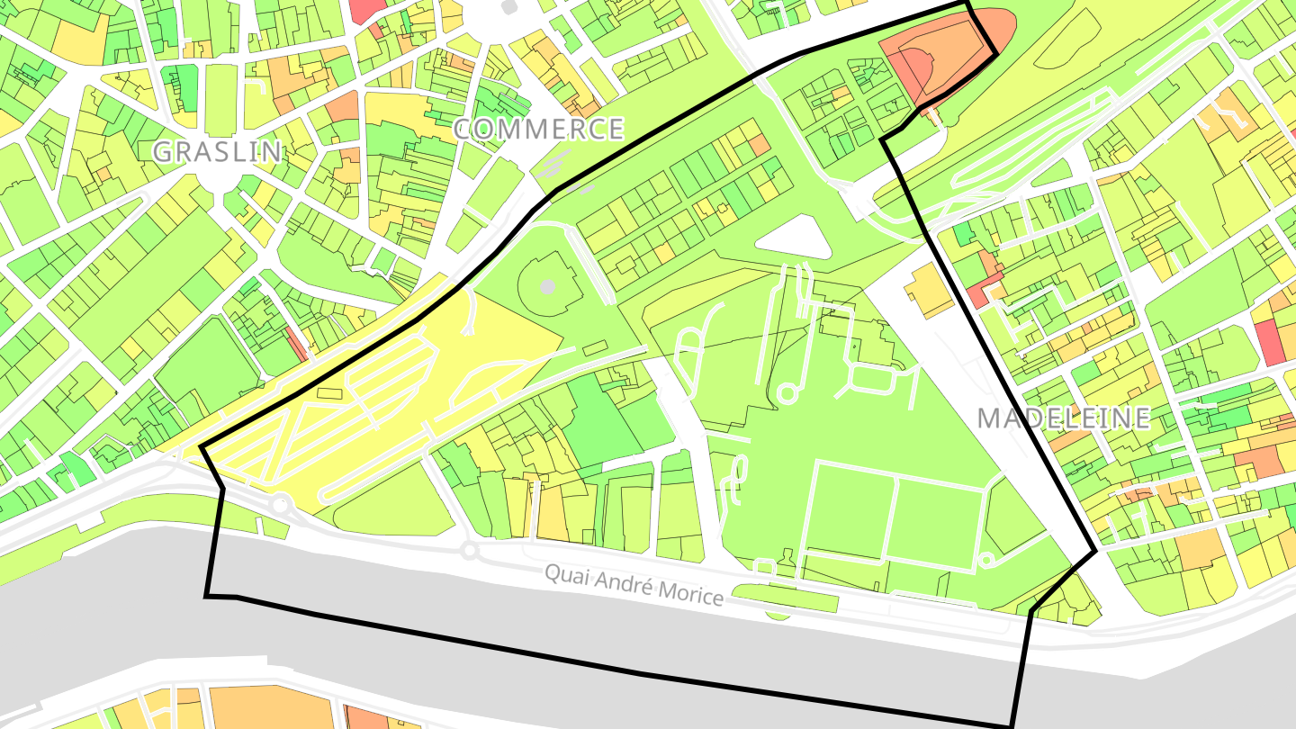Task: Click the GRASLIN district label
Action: pyautogui.click(x=217, y=151)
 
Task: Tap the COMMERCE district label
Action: pyautogui.click(x=538, y=130)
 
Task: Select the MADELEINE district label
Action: pyautogui.click(x=1064, y=418)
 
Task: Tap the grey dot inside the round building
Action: pyautogui.click(x=547, y=287)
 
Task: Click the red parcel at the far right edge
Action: pyautogui.click(x=1270, y=342)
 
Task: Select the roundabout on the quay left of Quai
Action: pyautogui.click(x=468, y=550)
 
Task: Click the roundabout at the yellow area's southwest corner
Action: pyautogui.click(x=280, y=504)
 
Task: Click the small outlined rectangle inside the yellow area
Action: pyautogui.click(x=329, y=394)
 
